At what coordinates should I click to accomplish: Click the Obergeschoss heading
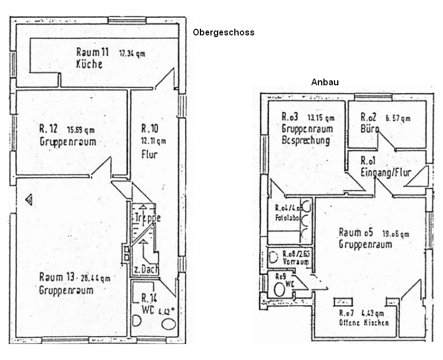pyautogui.click(x=223, y=32)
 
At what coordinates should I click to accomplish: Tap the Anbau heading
pyautogui.click(x=324, y=82)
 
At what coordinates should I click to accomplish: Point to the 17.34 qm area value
pyautogui.click(x=132, y=54)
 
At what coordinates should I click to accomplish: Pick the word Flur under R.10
pyautogui.click(x=150, y=154)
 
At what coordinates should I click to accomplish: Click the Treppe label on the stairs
pyautogui.click(x=147, y=218)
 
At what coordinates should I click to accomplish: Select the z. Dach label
pyautogui.click(x=145, y=270)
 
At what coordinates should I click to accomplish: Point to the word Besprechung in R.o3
pyautogui.click(x=305, y=140)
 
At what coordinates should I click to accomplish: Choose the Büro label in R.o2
pyautogui.click(x=369, y=128)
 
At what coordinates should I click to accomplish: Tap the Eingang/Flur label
pyautogui.click(x=386, y=172)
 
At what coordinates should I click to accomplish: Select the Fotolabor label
pyautogui.click(x=287, y=218)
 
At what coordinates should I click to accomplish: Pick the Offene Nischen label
pyautogui.click(x=364, y=322)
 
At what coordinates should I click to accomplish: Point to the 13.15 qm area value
pyautogui.click(x=321, y=118)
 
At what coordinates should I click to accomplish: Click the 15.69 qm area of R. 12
pyautogui.click(x=81, y=130)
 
